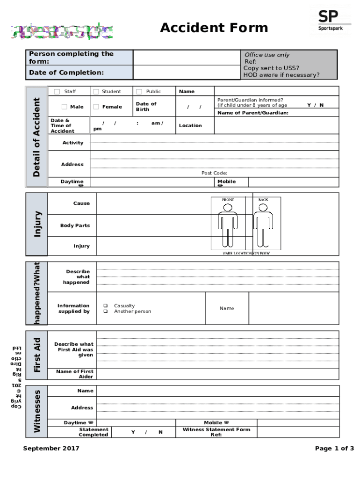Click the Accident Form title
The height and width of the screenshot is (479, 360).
[x=214, y=28]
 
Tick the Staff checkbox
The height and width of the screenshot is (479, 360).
[x=57, y=92]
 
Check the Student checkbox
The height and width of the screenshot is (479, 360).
[x=96, y=92]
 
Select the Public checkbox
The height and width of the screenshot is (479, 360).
[x=139, y=92]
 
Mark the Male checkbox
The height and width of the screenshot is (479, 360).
[x=64, y=107]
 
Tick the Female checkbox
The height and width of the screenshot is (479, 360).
[x=96, y=107]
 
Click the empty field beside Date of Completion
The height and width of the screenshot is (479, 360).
[x=186, y=73]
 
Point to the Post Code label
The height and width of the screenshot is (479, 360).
[x=214, y=173]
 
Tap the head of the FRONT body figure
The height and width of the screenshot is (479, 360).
[x=228, y=207]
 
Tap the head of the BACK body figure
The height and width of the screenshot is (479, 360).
[x=263, y=207]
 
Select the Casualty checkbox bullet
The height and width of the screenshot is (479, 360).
[x=106, y=305]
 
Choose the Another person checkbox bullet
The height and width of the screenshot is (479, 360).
[x=106, y=311]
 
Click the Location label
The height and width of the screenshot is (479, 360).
[x=190, y=125]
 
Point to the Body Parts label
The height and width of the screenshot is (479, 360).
[x=75, y=225]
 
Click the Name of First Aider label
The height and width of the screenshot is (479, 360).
[x=74, y=374]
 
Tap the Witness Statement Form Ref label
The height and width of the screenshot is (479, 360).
[x=216, y=432]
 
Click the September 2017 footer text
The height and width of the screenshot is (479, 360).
[x=51, y=449]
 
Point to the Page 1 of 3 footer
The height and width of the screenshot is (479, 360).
[x=334, y=449]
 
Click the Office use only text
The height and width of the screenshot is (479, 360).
[x=267, y=55]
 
